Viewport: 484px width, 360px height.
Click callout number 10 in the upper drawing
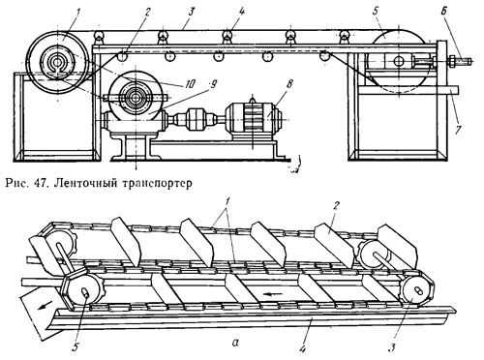[x=190, y=84]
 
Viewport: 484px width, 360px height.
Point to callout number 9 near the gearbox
[x=213, y=84]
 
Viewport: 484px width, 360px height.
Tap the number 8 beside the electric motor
[x=288, y=84]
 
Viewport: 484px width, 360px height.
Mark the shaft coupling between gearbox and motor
[x=195, y=118]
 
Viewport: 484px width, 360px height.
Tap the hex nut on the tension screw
[x=452, y=60]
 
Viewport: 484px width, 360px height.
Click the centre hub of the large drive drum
[x=58, y=62]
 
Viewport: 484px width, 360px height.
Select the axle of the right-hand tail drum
[x=399, y=60]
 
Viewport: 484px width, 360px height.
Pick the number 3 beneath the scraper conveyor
[x=391, y=347]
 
